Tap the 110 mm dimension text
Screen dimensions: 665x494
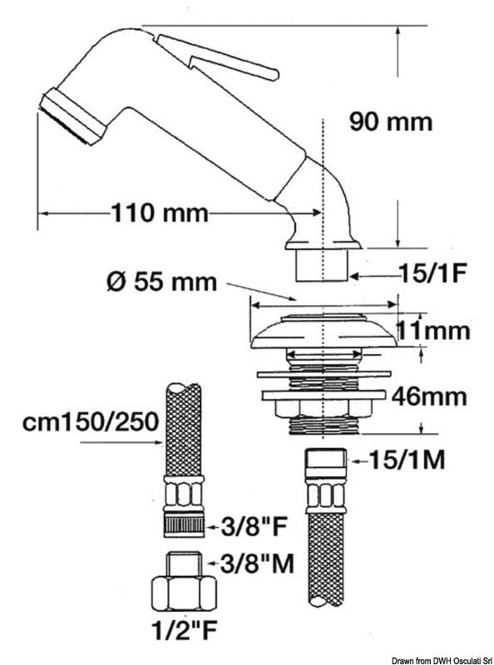click(159, 213)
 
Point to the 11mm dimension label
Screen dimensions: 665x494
click(432, 331)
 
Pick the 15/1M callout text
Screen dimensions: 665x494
click(405, 459)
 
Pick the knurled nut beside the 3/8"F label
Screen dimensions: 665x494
click(185, 525)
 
